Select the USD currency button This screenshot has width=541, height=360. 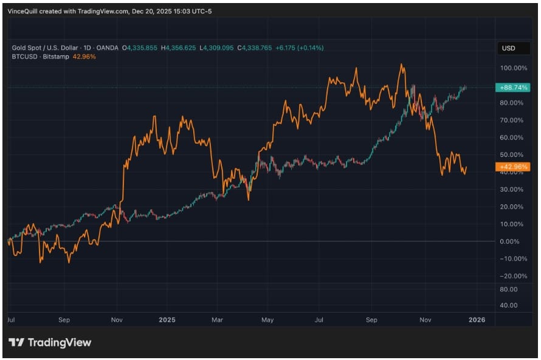(x=508, y=48)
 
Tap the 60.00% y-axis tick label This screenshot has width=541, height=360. (x=511, y=137)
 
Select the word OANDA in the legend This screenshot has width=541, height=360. (x=109, y=47)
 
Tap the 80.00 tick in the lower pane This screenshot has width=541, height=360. (x=509, y=289)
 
